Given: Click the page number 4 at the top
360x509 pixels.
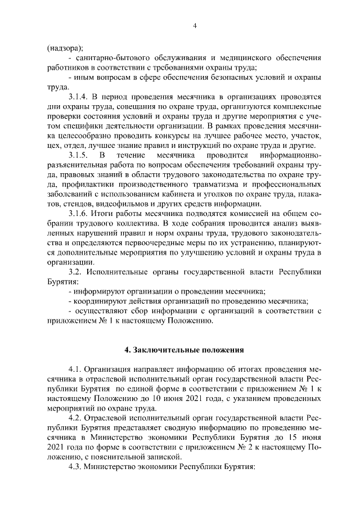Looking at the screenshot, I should tap(194, 25).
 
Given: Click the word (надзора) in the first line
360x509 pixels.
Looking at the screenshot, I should tap(65, 47).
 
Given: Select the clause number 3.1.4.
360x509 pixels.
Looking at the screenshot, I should tap(79, 97).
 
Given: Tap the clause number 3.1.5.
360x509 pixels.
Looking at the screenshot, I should tap(79, 154).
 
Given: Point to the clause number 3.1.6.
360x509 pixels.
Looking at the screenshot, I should tap(79, 214).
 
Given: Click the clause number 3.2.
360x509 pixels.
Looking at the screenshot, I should tap(75, 272).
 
